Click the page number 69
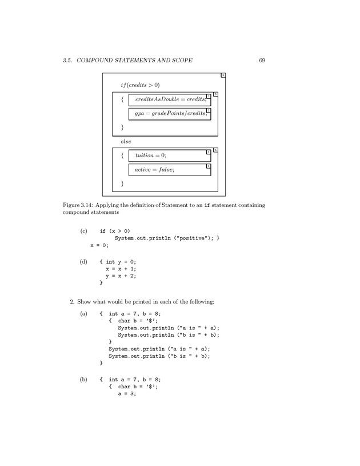point(262,60)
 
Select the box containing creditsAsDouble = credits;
point(169,99)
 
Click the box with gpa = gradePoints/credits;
point(169,114)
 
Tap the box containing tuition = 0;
point(169,155)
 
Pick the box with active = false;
point(169,170)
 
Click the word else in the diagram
point(126,141)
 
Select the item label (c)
point(83,231)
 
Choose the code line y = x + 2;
point(121,275)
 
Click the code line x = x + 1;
point(121,268)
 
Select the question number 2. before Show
point(72,301)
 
